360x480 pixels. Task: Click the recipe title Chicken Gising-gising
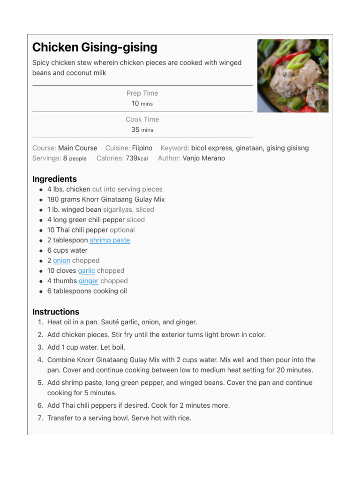(95, 47)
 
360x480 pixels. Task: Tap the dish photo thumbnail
(292, 76)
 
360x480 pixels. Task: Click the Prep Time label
(142, 93)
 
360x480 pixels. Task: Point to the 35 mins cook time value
(142, 130)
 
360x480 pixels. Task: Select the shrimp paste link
(110, 240)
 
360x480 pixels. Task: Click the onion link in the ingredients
(61, 261)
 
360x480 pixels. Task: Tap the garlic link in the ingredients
(86, 271)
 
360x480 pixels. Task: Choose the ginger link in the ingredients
(89, 281)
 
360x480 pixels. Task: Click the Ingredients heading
(54, 179)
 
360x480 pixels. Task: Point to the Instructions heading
(56, 312)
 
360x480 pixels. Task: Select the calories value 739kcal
(136, 158)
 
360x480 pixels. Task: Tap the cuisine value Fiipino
(142, 148)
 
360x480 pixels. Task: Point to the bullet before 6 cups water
(41, 251)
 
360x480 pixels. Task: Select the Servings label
(46, 158)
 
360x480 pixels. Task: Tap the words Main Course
(78, 148)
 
